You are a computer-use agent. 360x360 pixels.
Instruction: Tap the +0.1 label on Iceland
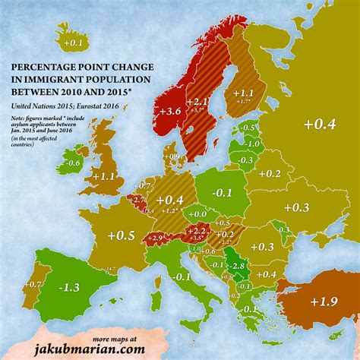(x=73, y=43)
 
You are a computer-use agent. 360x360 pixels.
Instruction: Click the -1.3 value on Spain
(x=70, y=287)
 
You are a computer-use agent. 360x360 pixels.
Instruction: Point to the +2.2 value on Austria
(x=197, y=229)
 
